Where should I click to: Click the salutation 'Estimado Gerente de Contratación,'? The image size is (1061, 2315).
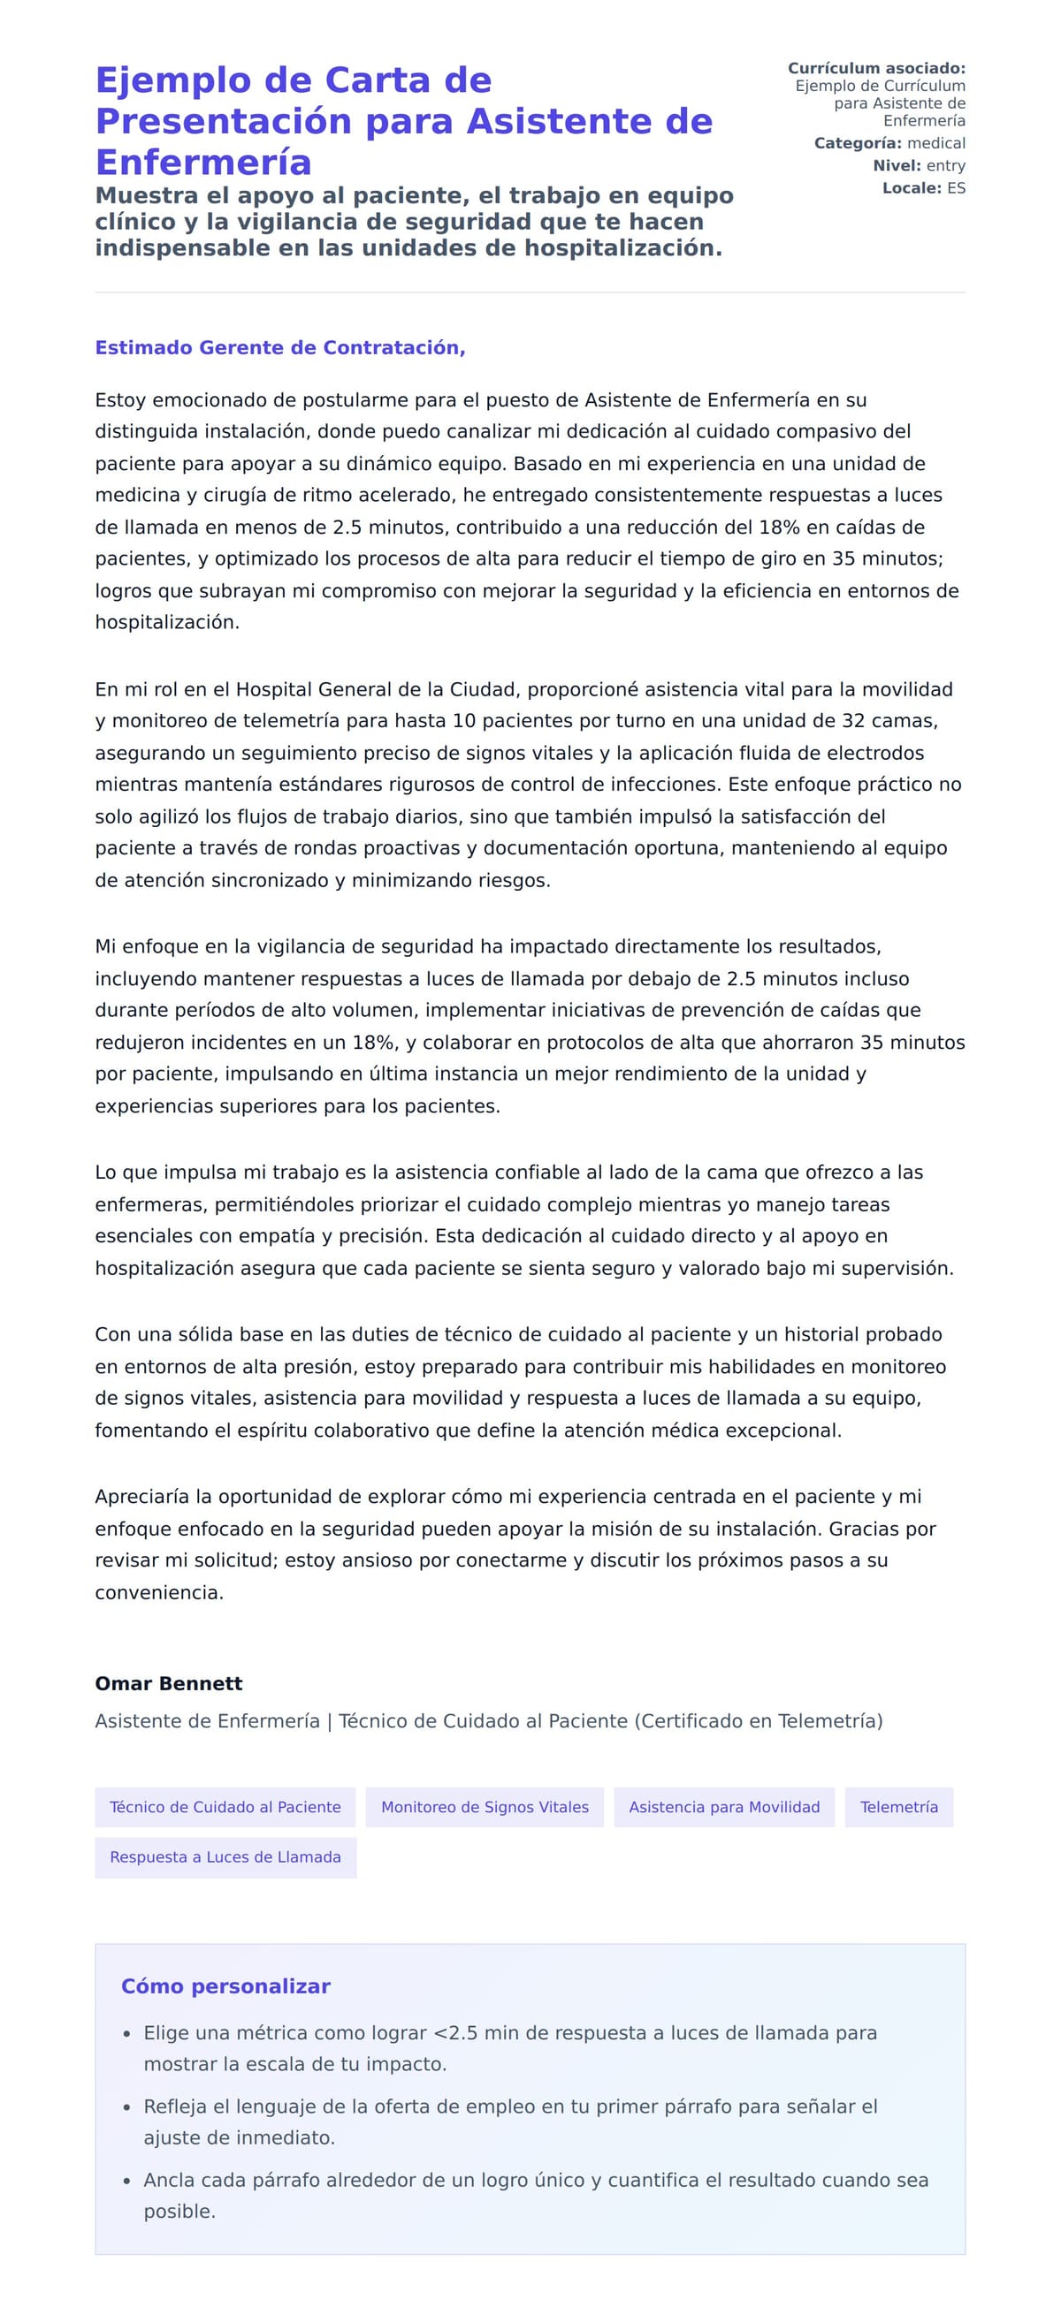279,348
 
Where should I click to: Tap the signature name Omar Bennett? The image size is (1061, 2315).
168,1683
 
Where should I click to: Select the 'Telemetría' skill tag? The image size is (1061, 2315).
898,1806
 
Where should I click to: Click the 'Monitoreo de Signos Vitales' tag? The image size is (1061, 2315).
485,1806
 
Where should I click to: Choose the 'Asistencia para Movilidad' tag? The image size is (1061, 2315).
724,1806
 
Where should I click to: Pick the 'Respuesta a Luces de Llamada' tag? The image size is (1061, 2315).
225,1856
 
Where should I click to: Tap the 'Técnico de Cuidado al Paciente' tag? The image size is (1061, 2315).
225,1806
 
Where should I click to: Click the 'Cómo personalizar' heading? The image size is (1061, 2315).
225,1986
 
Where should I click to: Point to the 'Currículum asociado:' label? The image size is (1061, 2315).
876,68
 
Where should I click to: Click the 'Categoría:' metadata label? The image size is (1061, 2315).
857,143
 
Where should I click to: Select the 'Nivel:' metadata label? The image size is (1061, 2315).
897,165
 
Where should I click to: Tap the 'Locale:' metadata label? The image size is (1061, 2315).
911,188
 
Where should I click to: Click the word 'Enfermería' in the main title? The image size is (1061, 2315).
203,163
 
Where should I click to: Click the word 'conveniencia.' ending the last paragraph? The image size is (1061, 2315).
159,1592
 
